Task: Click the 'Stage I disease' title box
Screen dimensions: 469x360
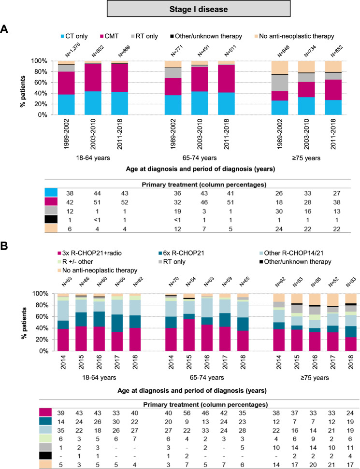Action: [x=180, y=9]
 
